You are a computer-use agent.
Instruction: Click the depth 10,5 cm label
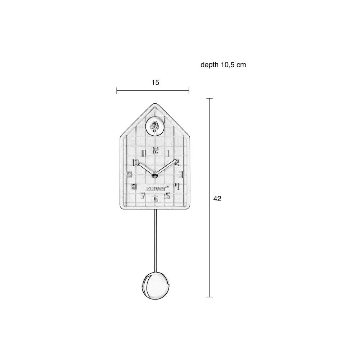223,65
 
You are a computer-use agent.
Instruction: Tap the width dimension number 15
156,82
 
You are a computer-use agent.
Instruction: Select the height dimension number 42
217,199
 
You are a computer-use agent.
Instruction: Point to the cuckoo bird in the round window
154,126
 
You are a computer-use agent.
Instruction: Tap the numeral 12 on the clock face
156,150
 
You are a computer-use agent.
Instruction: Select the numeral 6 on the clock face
156,199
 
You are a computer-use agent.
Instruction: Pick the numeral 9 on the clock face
130,175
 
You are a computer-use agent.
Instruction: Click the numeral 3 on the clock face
181,175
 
